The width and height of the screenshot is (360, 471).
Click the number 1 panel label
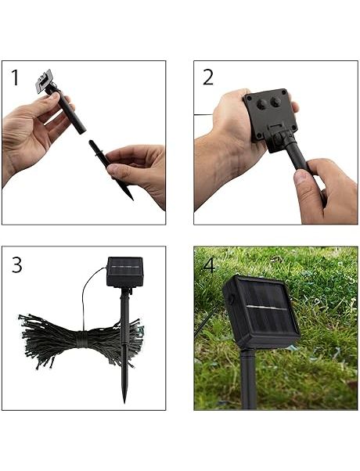click(15, 77)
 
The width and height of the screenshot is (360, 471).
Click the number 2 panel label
click(208, 77)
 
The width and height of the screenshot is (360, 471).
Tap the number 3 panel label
click(17, 265)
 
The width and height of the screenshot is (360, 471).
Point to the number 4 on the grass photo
click(209, 265)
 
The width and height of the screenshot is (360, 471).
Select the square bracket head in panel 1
click(45, 81)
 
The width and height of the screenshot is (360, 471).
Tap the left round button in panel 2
click(261, 104)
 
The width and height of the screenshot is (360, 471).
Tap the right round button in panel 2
click(275, 102)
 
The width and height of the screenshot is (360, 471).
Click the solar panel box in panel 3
click(125, 271)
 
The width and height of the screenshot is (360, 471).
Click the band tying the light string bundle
click(81, 339)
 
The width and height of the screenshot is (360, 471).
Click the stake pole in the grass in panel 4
click(249, 379)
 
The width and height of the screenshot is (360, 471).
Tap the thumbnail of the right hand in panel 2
click(301, 178)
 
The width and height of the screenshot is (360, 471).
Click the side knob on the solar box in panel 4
click(232, 299)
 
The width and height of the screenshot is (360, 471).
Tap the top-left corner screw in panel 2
click(249, 98)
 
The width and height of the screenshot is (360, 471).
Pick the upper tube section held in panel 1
click(67, 110)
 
